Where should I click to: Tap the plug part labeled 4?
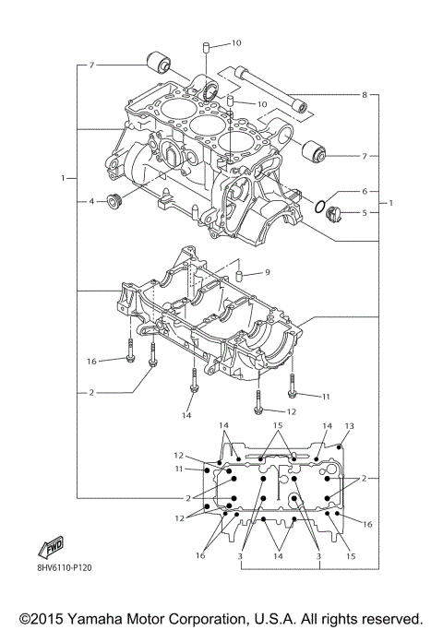[x=115, y=202]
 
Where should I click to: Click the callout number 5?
[x=365, y=212]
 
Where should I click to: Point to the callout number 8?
[x=365, y=95]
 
